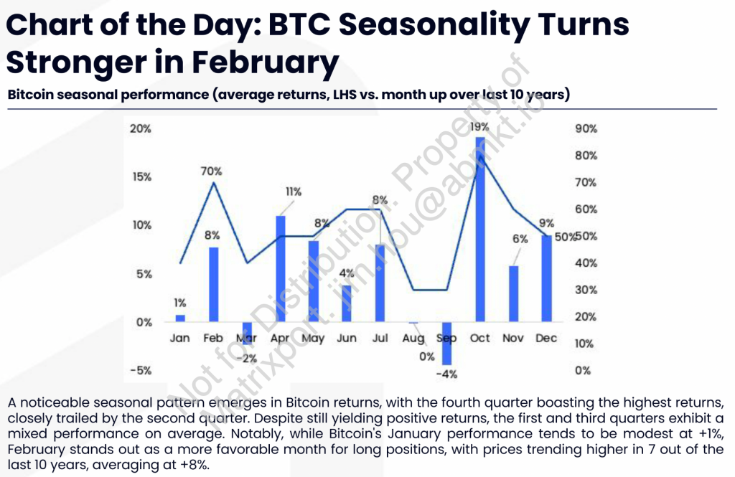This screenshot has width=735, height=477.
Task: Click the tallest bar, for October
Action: [480, 229]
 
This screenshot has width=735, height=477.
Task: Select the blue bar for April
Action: [281, 268]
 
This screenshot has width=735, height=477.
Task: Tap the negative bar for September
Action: [446, 344]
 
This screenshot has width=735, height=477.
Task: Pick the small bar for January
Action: [180, 318]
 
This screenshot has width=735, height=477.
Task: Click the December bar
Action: [546, 279]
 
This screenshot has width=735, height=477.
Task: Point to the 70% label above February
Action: [212, 171]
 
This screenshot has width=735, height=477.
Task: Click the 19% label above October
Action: [479, 127]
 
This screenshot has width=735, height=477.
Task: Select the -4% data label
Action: [446, 374]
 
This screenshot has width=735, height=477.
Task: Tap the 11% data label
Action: [294, 192]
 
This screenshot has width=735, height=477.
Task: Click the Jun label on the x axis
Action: [347, 339]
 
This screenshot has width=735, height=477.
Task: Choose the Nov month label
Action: [512, 339]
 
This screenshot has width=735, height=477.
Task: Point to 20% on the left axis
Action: [141, 129]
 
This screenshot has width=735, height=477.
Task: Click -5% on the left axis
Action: [141, 371]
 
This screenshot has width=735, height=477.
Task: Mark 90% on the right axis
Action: [586, 129]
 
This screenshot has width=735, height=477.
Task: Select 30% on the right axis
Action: [586, 290]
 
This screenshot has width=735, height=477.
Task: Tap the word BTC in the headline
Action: [299, 24]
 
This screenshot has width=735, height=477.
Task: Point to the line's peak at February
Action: [214, 183]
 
